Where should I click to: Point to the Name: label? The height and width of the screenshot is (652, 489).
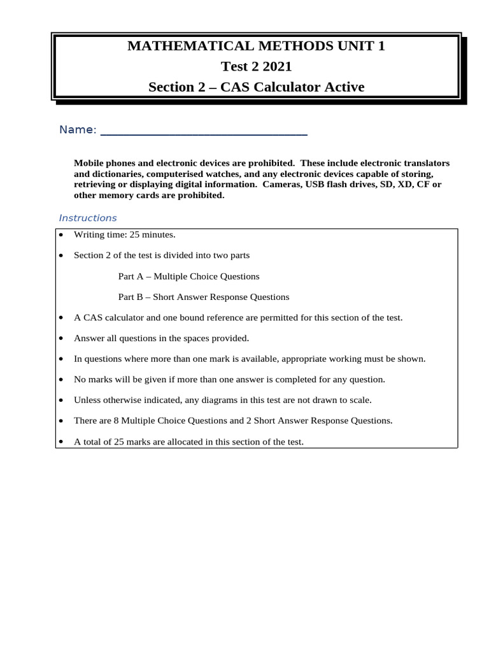click(78, 130)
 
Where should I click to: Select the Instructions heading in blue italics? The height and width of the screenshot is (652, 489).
click(88, 218)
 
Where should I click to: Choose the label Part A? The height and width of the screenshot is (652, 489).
click(132, 276)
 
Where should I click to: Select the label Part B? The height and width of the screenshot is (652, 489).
click(132, 297)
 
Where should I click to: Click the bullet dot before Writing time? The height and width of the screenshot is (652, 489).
click(60, 235)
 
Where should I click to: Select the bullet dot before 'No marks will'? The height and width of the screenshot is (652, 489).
click(60, 380)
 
